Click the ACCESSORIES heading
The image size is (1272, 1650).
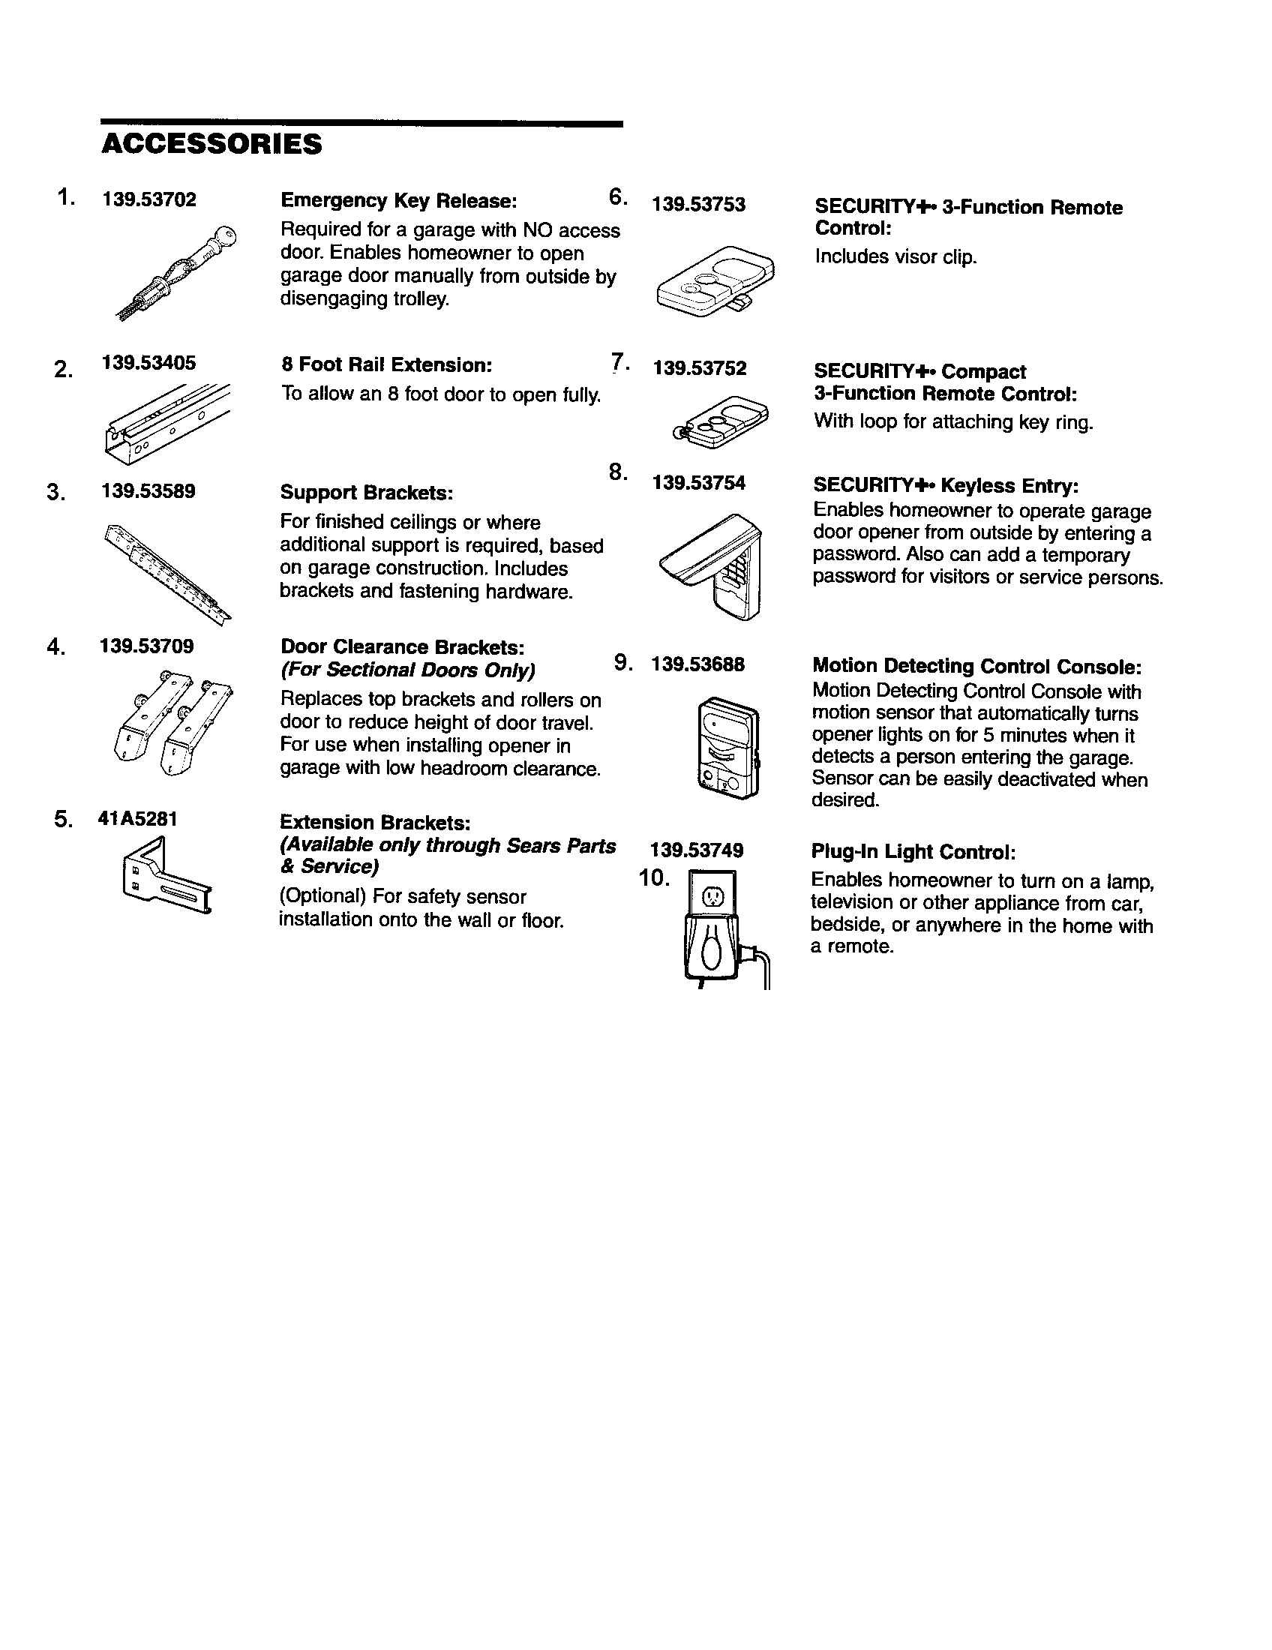(x=211, y=144)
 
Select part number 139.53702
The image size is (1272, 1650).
(x=149, y=199)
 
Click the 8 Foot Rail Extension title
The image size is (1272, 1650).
(x=386, y=365)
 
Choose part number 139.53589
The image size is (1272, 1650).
(x=148, y=491)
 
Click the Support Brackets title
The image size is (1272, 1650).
(x=366, y=493)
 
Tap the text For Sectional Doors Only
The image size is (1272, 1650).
(x=407, y=670)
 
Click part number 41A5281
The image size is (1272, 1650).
(x=137, y=819)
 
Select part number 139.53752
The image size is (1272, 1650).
(x=700, y=368)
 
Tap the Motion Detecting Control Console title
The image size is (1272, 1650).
(x=976, y=666)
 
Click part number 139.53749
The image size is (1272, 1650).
(x=697, y=850)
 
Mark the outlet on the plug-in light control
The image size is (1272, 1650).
(x=714, y=898)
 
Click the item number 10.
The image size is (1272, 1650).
(x=654, y=878)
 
